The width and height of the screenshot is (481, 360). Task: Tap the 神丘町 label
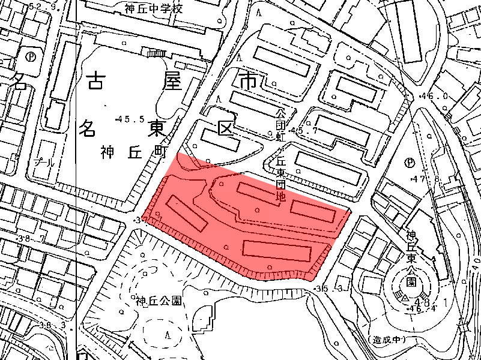(x=133, y=152)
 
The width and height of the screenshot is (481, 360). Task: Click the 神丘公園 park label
(x=159, y=301)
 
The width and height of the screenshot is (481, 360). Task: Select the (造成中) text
(x=389, y=340)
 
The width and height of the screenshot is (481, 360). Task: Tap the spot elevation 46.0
(x=436, y=96)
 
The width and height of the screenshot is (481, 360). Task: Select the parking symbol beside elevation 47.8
(x=410, y=162)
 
